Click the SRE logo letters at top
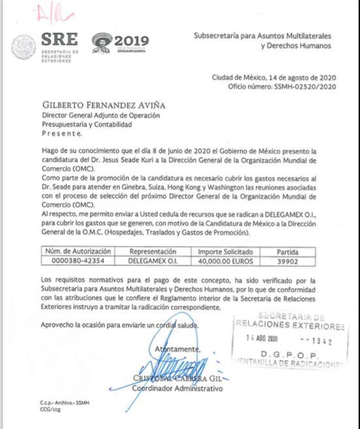pyautogui.click(x=59, y=39)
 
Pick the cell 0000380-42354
pyautogui.click(x=78, y=261)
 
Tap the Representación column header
pyautogui.click(x=152, y=251)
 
